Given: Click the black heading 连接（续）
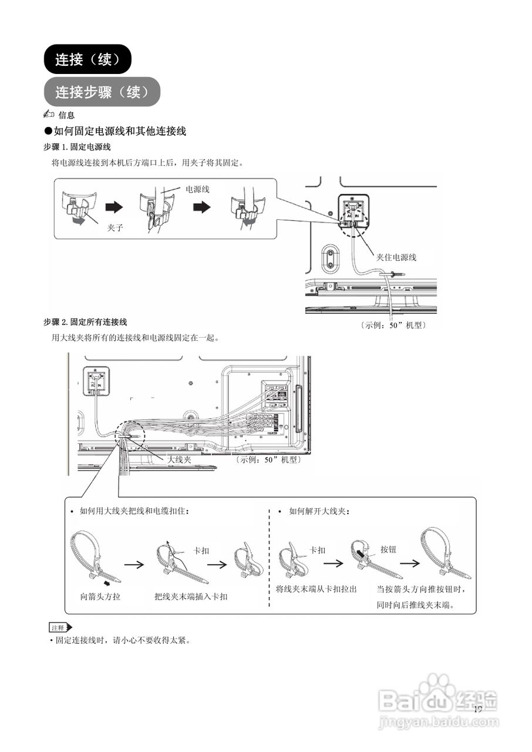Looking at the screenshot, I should pyautogui.click(x=87, y=59).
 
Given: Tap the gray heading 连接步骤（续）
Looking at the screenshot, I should pyautogui.click(x=102, y=92).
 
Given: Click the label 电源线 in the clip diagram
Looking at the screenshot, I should pyautogui.click(x=197, y=189).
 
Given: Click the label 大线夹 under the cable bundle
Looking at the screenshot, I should pyautogui.click(x=180, y=459).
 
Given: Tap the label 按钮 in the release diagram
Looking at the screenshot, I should pyautogui.click(x=388, y=549).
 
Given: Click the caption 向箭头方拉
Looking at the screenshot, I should pyautogui.click(x=101, y=596).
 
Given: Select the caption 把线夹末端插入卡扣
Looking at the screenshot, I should pyautogui.click(x=191, y=596).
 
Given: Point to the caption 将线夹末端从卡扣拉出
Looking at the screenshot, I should pyautogui.click(x=316, y=589).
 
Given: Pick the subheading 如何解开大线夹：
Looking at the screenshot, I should pyautogui.click(x=320, y=511).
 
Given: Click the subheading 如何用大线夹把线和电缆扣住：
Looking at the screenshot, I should pyautogui.click(x=134, y=511).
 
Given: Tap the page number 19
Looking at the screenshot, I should pyautogui.click(x=477, y=709).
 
